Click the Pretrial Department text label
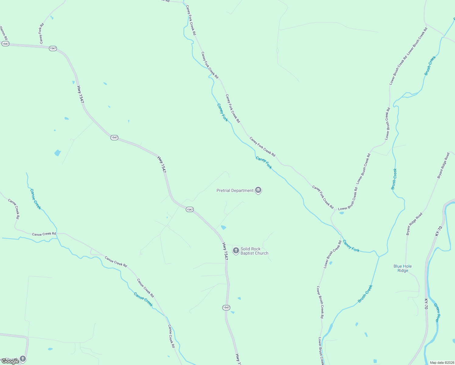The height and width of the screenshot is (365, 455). (x=235, y=191)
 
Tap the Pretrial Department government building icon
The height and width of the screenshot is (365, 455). (x=258, y=190)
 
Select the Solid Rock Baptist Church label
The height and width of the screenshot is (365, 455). (x=254, y=251)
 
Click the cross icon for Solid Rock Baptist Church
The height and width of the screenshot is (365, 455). (x=236, y=251)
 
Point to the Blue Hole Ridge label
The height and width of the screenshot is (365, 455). (x=402, y=268)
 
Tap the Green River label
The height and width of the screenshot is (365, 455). (x=437, y=312)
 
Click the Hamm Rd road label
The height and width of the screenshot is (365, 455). (x=4, y=33)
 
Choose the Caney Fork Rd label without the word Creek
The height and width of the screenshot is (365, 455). (x=41, y=33)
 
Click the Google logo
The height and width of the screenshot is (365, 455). (x=10, y=361)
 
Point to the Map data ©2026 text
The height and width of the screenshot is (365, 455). (x=442, y=363)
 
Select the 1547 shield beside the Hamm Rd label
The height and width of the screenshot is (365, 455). (x=5, y=44)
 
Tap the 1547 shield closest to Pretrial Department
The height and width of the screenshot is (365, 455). (x=189, y=210)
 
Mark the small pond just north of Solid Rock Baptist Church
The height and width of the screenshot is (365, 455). (x=224, y=228)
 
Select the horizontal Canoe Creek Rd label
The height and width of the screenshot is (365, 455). (x=44, y=234)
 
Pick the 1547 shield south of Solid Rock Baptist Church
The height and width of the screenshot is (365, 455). (x=226, y=308)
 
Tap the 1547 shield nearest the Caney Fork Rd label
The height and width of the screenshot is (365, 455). (x=53, y=48)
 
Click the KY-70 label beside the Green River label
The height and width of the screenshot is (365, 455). (x=426, y=304)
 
